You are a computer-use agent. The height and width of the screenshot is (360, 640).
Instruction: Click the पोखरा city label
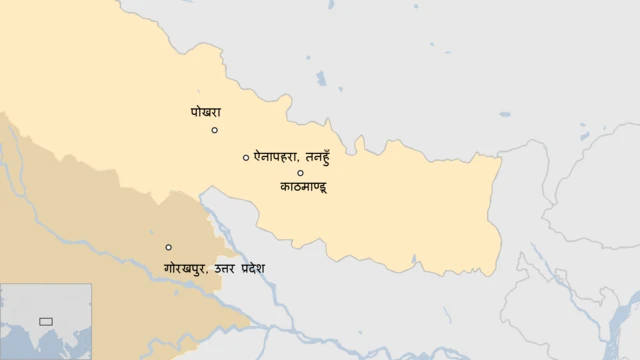(x=206, y=113)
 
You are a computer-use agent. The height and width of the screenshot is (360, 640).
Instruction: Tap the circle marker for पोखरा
(x=214, y=130)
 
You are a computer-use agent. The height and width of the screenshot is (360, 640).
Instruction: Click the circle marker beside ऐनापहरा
(x=246, y=157)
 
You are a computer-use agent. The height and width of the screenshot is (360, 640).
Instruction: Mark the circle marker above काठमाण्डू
(x=300, y=173)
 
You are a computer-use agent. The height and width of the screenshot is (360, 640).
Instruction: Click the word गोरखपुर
(x=186, y=268)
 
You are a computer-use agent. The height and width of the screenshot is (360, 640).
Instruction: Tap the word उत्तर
(x=229, y=268)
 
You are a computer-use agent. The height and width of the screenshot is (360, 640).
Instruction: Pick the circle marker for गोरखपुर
(x=168, y=247)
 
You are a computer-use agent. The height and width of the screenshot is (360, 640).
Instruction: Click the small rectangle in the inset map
(x=45, y=321)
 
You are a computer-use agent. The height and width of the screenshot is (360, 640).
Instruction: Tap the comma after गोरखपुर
(x=209, y=273)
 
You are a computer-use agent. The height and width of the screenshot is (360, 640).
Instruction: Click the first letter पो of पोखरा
(x=195, y=113)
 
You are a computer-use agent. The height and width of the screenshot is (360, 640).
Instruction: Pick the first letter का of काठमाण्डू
(x=287, y=187)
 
